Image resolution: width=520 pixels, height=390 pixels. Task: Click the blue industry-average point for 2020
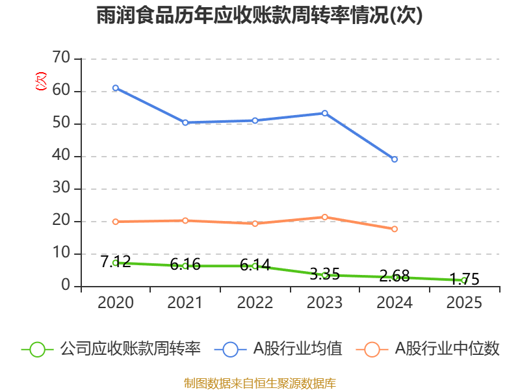coord(116,88)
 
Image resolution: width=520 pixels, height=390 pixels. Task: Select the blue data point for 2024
coord(395,159)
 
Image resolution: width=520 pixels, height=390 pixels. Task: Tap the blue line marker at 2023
coord(325,113)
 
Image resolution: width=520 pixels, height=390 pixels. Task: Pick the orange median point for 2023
coord(325,217)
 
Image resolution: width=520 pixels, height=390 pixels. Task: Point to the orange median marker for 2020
coord(116,222)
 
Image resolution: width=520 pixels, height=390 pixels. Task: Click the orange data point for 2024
coord(395,229)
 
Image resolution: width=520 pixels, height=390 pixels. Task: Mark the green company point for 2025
coord(464,280)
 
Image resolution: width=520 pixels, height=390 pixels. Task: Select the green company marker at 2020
coord(116,263)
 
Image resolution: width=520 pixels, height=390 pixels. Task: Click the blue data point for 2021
coord(185,122)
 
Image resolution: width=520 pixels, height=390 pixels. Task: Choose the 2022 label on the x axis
coord(255,303)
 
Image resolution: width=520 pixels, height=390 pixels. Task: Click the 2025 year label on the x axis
coord(464,303)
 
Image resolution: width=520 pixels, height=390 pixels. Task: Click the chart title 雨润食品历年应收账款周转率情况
coord(260,16)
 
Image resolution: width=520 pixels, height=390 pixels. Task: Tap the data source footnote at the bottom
coord(260,383)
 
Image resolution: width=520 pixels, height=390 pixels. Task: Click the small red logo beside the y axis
coord(41,81)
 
